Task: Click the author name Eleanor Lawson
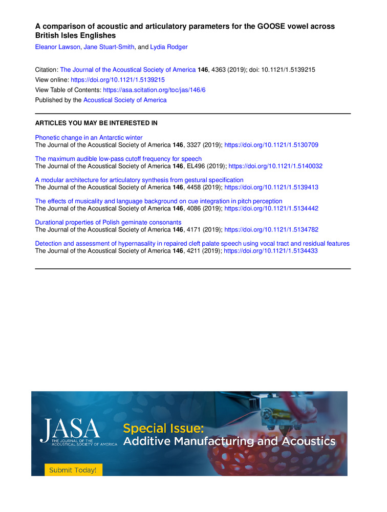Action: coord(55,47)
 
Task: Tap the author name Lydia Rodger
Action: coord(169,47)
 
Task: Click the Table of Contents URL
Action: coord(154,90)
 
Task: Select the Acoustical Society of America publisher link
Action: coord(125,100)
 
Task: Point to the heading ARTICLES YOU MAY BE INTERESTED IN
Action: coord(96,123)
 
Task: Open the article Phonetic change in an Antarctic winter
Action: coord(89,138)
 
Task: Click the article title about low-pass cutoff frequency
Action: coord(118,159)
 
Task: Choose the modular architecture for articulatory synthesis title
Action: coord(139,180)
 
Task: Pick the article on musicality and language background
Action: coord(159,201)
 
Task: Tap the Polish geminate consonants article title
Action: coord(108,223)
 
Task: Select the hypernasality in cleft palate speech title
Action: coord(192,244)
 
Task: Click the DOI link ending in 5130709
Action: coord(271,145)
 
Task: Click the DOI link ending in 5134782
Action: coord(271,230)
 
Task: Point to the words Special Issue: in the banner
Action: coord(163,428)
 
